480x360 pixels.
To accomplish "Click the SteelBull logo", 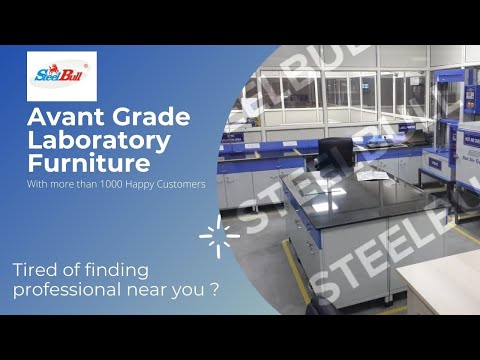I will (62, 75).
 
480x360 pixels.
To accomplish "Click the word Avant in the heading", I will (63, 120).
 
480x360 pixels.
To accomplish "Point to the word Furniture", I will (91, 162).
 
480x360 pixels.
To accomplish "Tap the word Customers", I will (191, 183).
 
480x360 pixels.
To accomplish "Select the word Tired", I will (36, 270).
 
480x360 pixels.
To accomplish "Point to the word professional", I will (65, 290).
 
